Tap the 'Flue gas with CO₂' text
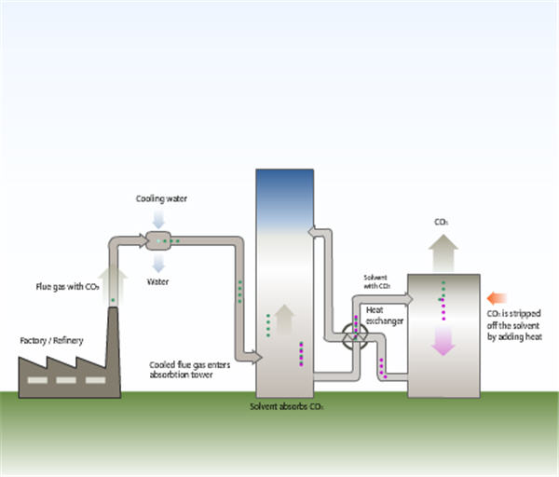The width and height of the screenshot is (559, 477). (67, 287)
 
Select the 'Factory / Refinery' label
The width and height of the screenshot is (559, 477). (51, 341)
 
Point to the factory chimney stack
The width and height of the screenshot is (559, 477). (113, 345)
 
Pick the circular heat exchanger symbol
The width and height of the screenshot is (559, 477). (355, 336)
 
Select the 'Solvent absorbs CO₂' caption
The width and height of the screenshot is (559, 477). (286, 407)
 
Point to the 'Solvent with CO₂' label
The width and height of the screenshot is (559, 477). (377, 282)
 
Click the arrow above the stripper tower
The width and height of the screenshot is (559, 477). (443, 251)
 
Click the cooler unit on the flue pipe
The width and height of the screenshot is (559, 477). (162, 240)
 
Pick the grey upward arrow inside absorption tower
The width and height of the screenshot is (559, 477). (285, 320)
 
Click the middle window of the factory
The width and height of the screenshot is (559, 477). (65, 380)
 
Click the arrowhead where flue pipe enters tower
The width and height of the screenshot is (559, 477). (252, 357)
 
